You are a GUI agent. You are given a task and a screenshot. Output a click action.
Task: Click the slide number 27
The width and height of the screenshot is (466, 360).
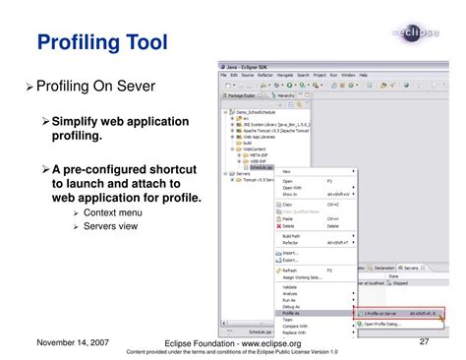pyautogui.click(x=426, y=341)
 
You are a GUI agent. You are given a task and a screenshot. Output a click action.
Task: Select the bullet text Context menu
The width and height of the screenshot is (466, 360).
pyautogui.click(x=113, y=212)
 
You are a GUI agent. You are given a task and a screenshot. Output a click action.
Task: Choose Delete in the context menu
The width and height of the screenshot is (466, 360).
pyautogui.click(x=289, y=225)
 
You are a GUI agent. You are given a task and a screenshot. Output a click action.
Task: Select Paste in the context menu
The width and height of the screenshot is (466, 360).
pyautogui.click(x=288, y=218)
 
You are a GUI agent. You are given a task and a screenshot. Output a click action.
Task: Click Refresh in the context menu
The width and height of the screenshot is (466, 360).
pyautogui.click(x=290, y=270)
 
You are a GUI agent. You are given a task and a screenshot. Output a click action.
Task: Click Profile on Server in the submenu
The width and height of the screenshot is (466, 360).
pyautogui.click(x=388, y=313)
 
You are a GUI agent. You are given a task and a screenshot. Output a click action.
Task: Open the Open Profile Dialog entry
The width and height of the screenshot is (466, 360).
pyautogui.click(x=386, y=324)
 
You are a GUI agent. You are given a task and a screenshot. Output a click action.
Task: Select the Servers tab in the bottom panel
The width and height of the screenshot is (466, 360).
pyautogui.click(x=413, y=267)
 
